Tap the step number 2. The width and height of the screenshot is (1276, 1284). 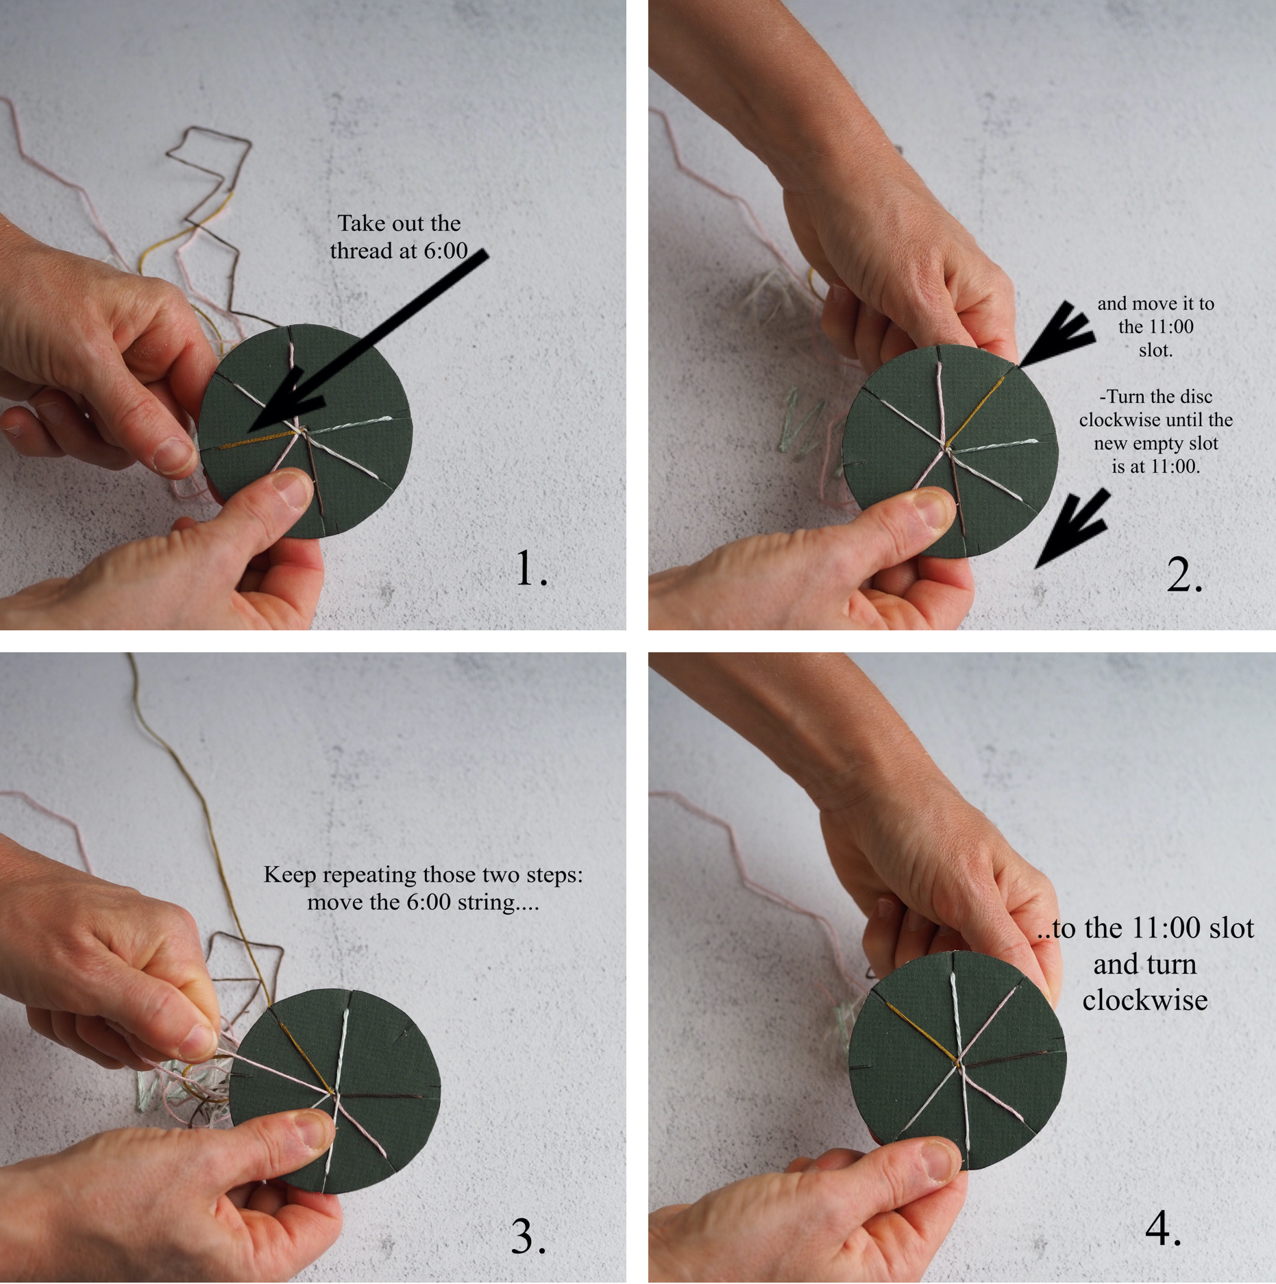pyautogui.click(x=1183, y=574)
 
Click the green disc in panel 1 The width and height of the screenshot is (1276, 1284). pyautogui.click(x=306, y=432)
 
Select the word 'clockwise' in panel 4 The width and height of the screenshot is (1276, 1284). pyautogui.click(x=1144, y=1000)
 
